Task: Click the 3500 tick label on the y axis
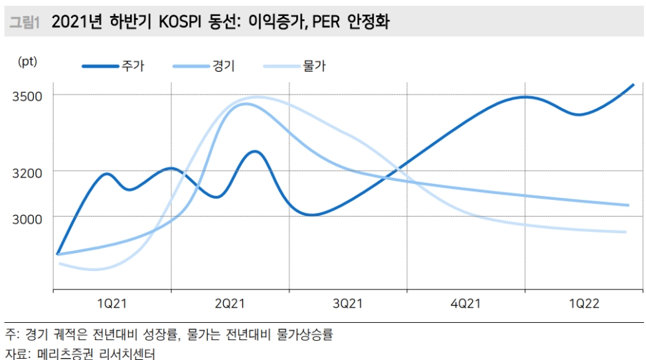(28, 96)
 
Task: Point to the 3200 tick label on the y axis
(28, 173)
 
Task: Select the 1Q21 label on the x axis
(112, 304)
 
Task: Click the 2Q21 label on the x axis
(230, 304)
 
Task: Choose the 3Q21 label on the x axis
(348, 304)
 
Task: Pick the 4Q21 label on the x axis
(465, 304)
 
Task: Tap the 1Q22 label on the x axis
(584, 304)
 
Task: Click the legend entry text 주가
(133, 66)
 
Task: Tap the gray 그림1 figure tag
(25, 23)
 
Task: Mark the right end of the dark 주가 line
(633, 85)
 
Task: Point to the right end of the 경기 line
(627, 205)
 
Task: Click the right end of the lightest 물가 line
(625, 232)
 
